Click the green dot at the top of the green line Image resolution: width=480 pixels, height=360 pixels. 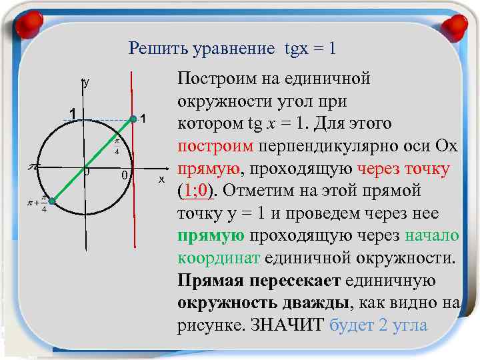(x=133, y=119)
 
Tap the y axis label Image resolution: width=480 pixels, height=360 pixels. (x=85, y=84)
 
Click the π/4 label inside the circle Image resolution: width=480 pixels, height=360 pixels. (x=116, y=147)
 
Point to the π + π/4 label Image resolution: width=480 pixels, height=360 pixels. (x=38, y=204)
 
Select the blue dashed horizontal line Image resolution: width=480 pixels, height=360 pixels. (x=107, y=120)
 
